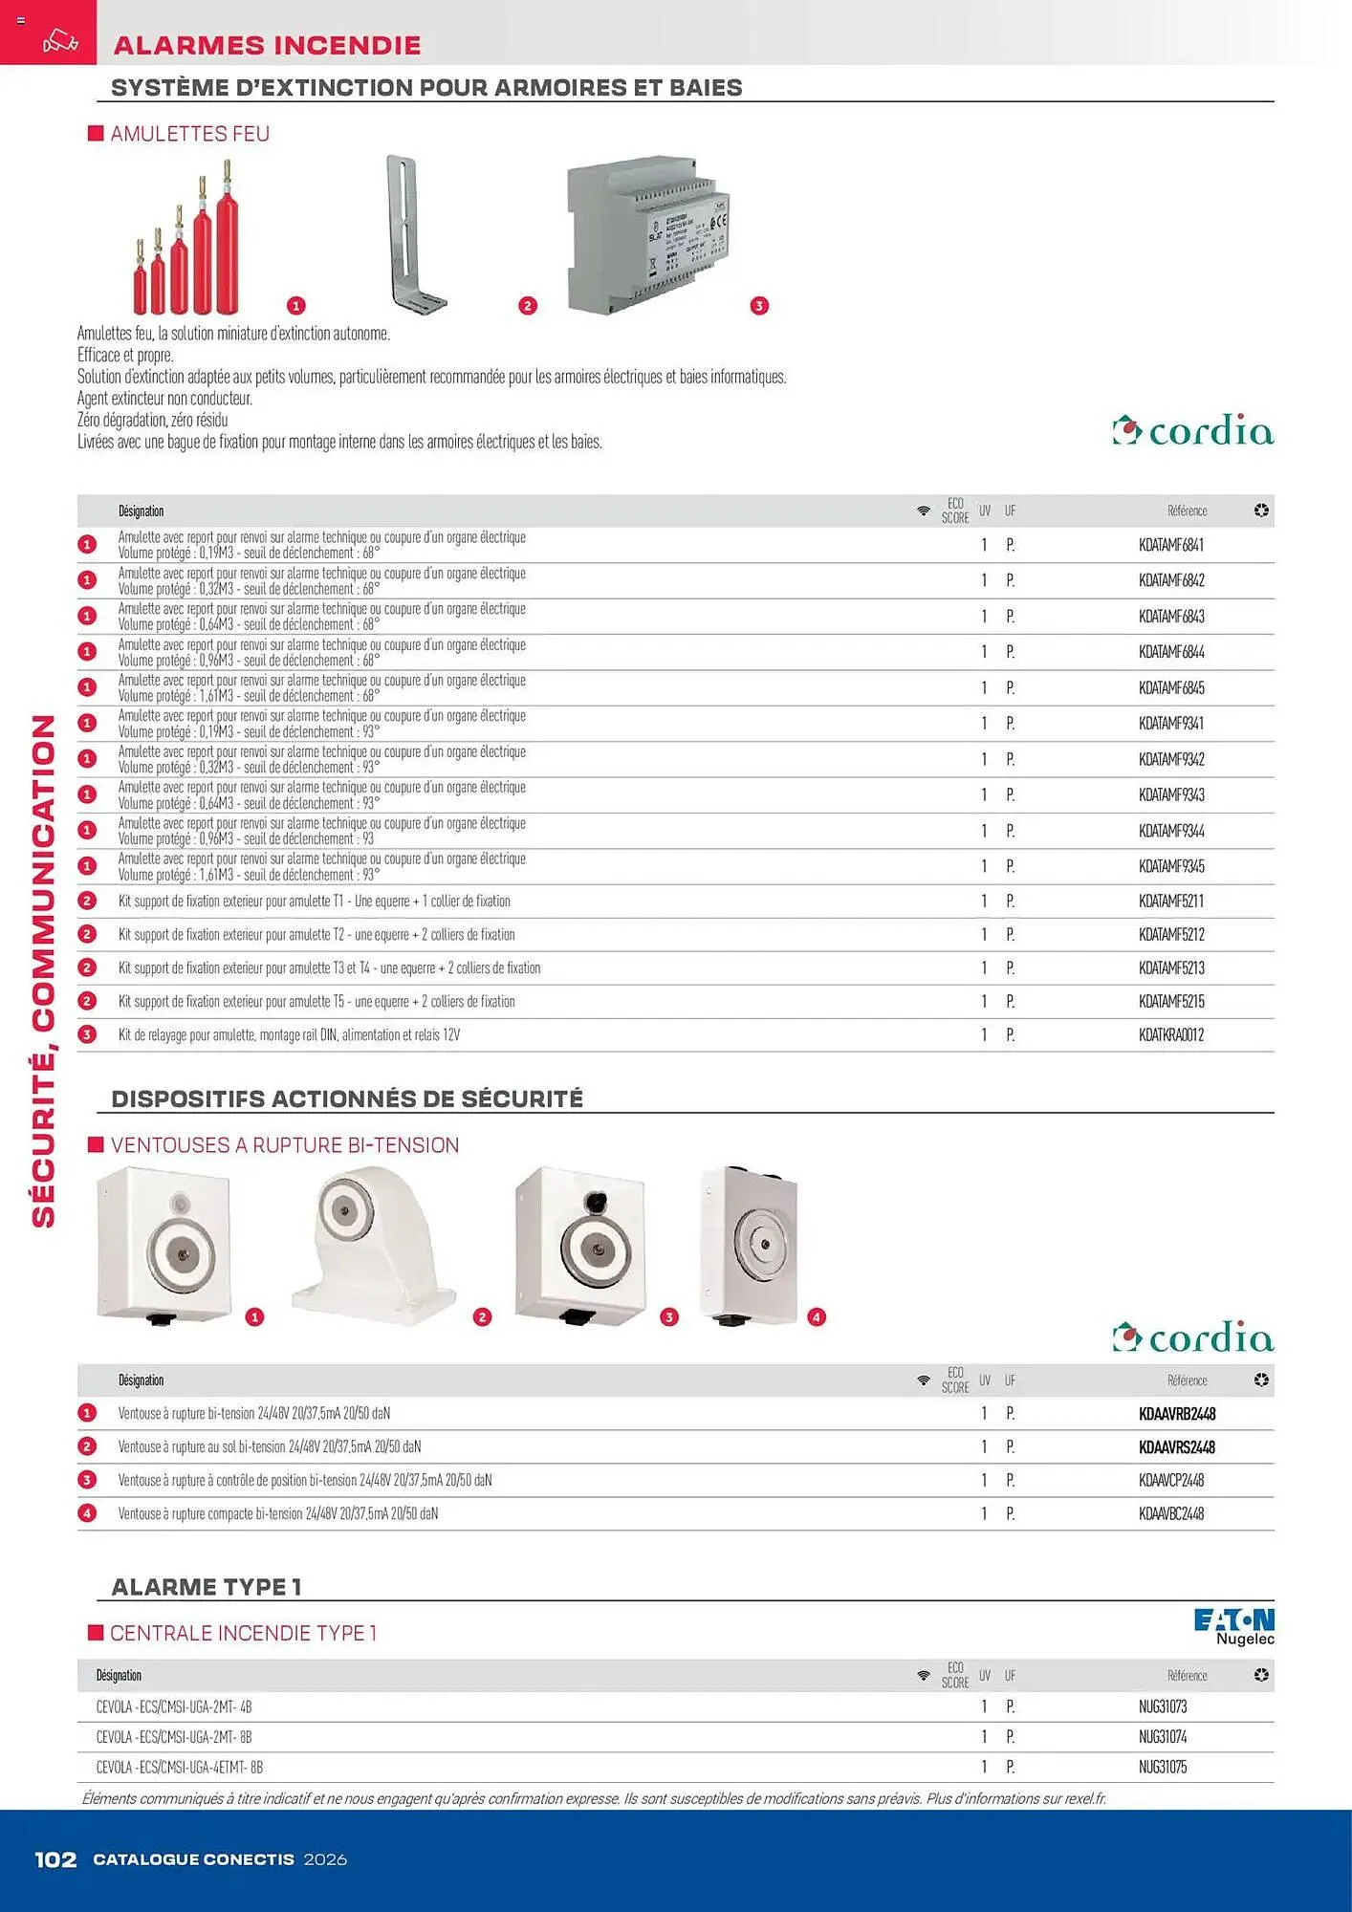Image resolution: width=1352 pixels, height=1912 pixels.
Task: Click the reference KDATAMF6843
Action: [1170, 617]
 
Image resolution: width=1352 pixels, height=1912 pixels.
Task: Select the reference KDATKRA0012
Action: [1170, 1035]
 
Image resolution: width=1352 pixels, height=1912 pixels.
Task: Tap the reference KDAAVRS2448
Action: [1176, 1447]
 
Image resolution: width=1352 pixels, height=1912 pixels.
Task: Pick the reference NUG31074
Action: [1162, 1737]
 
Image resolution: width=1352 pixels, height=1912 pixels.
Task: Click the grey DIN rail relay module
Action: [650, 234]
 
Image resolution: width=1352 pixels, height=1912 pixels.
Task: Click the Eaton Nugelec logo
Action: [1233, 1626]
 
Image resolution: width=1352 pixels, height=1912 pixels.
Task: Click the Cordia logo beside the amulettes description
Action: [1192, 432]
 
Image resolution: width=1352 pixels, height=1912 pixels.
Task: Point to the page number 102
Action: [55, 1859]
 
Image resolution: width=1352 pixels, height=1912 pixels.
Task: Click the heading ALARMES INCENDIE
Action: [267, 45]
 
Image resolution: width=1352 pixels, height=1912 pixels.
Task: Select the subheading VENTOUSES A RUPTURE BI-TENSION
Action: [284, 1145]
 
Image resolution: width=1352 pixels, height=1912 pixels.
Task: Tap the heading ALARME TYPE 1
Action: [207, 1587]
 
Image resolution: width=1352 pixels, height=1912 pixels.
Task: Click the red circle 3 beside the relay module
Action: [759, 306]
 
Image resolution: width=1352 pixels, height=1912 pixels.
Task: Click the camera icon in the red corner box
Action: [59, 42]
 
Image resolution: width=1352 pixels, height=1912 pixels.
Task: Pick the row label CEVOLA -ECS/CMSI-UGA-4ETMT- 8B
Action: [179, 1768]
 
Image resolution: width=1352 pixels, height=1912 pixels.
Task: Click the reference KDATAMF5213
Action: [1170, 968]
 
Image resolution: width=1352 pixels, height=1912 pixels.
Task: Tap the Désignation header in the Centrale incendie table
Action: [119, 1676]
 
